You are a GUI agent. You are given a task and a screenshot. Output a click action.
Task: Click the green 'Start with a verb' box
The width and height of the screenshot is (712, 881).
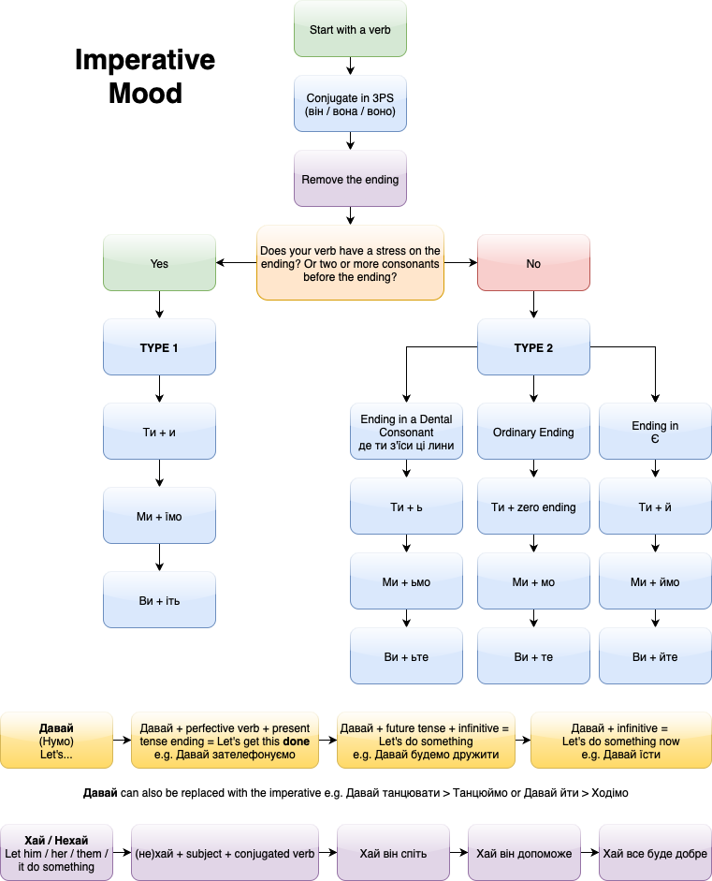[350, 29]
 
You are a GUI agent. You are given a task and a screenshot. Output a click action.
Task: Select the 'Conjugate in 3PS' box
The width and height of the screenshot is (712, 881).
[350, 104]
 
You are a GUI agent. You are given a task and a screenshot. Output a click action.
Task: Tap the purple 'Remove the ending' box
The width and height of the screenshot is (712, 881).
[350, 179]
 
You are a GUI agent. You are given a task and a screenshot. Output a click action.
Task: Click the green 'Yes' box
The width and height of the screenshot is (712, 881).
[159, 263]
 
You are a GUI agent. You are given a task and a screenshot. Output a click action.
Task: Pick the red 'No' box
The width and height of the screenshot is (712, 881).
[533, 263]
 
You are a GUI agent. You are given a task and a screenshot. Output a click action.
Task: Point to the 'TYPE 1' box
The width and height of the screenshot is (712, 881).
[159, 347]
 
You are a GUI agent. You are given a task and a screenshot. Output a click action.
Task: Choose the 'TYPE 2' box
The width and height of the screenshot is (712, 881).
[533, 347]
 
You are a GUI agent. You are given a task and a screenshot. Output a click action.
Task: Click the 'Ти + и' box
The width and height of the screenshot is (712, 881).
[159, 432]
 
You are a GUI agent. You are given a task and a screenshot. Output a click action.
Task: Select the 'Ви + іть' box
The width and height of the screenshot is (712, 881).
[159, 600]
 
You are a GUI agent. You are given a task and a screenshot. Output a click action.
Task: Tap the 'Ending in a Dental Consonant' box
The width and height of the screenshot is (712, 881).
[406, 432]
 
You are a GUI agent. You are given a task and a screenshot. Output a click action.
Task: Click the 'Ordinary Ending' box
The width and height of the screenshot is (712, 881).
[533, 432]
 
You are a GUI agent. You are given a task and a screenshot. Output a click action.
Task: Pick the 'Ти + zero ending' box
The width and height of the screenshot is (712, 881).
[533, 507]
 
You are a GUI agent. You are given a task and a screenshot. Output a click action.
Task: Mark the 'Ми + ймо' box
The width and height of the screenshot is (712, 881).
[655, 581]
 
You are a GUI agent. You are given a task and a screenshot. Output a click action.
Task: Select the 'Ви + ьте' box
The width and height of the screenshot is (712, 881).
[406, 656]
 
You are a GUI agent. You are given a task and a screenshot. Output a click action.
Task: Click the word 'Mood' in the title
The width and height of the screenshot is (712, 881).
[145, 94]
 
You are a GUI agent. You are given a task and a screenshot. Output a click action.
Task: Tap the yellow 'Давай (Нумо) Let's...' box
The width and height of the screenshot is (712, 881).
[57, 741]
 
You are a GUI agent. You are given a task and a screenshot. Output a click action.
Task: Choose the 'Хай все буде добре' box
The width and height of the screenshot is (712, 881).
[655, 853]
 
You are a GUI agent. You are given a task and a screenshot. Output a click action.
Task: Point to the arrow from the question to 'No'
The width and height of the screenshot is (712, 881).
[460, 263]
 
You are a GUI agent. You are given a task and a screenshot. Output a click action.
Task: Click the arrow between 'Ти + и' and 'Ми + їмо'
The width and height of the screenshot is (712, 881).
[159, 473]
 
